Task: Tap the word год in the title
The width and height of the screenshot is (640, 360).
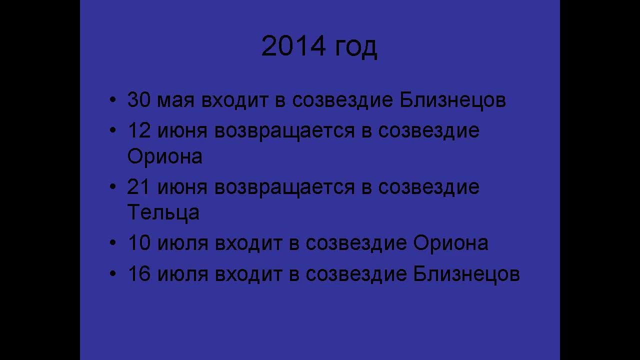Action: point(355,47)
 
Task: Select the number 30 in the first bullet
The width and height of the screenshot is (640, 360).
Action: point(139,100)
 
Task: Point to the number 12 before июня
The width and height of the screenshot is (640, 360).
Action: point(139,131)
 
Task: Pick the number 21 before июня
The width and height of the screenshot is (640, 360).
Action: point(139,187)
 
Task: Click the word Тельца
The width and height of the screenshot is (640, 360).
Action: point(163,212)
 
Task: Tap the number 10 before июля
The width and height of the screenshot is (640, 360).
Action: point(139,243)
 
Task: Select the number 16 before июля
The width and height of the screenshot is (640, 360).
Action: point(139,274)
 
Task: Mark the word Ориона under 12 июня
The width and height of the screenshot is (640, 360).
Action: point(165,156)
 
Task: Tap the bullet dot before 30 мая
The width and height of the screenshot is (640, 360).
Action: point(112,100)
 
